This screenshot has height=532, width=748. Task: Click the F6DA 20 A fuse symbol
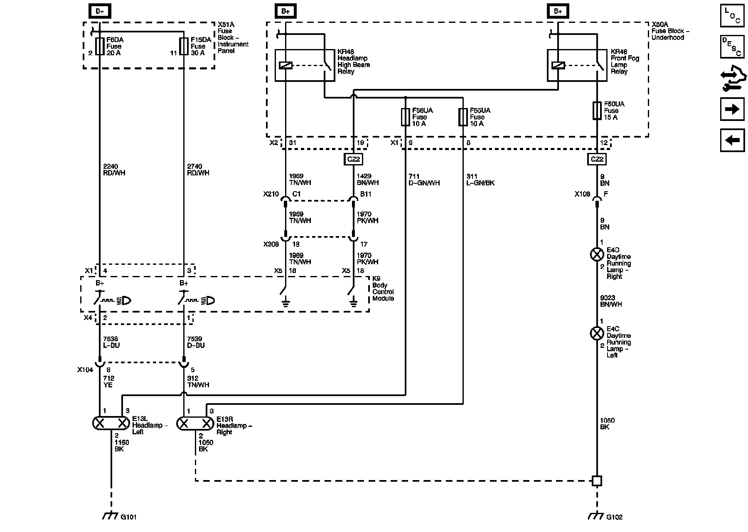(100, 47)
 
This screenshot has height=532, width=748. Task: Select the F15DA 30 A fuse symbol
(184, 47)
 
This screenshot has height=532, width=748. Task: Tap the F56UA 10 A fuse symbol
(406, 117)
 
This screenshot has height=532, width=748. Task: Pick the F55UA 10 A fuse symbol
(463, 117)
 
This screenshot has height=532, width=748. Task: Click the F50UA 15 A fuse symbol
(597, 111)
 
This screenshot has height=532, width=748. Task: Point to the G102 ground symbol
(596, 516)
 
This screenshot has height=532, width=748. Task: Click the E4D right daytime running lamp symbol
(597, 254)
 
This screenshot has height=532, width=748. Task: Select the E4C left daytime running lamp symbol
(597, 333)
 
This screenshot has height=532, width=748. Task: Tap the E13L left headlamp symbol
(111, 423)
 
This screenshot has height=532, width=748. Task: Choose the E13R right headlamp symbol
(195, 423)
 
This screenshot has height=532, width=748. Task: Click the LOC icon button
(732, 15)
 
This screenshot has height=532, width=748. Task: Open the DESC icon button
(732, 47)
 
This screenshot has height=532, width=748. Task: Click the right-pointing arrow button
(732, 109)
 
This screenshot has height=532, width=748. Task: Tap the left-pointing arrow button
(732, 140)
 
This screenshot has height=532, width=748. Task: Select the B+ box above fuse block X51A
(100, 11)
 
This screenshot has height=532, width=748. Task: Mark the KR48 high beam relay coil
(285, 65)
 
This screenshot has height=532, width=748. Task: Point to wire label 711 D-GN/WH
(424, 180)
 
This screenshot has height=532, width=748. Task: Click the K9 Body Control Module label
(383, 288)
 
